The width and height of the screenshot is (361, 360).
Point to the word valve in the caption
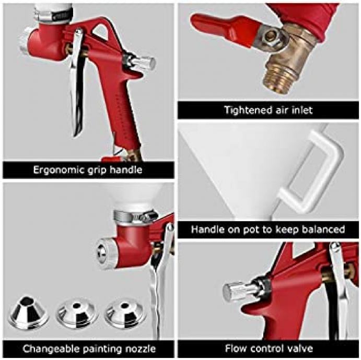click(300, 349)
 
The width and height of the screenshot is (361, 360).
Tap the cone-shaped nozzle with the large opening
click(28, 312)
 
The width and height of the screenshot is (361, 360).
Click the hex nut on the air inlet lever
click(271, 37)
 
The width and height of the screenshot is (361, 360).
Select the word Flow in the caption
click(236, 349)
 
